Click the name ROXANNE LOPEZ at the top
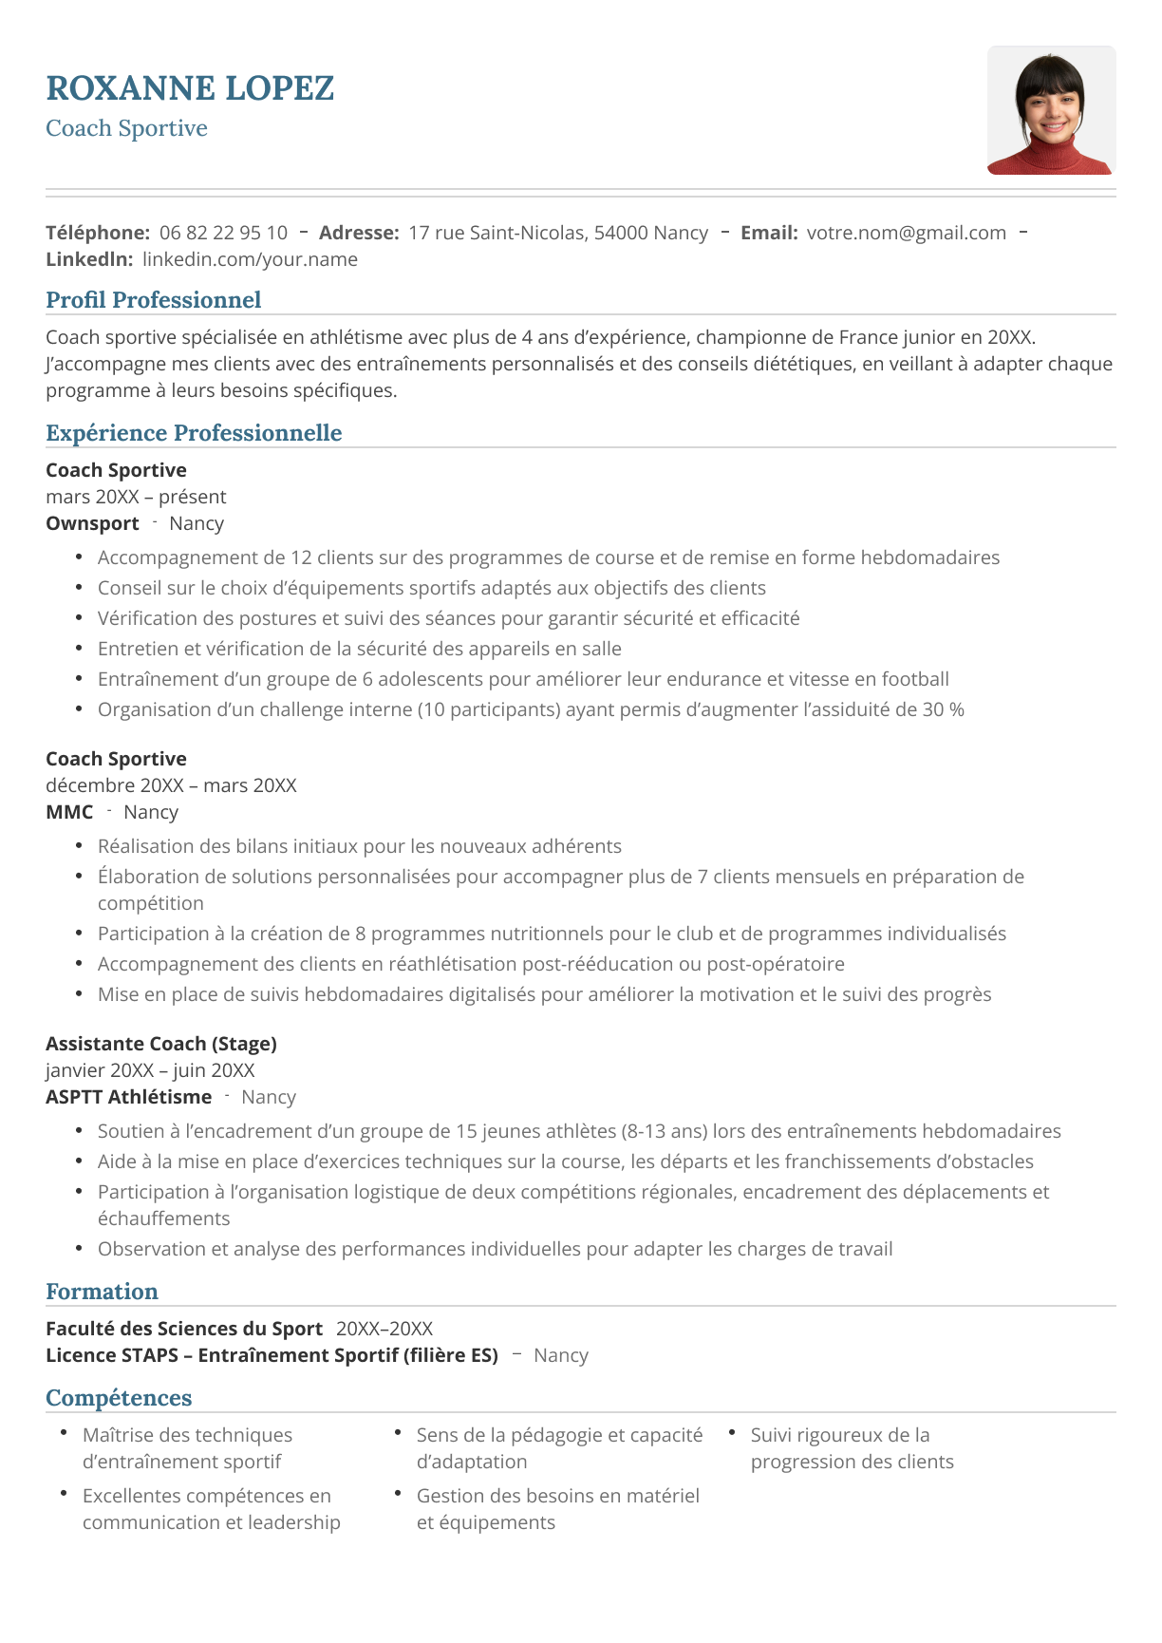click(190, 88)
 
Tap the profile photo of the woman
click(1051, 110)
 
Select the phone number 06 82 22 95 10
click(223, 233)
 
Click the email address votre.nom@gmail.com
click(906, 233)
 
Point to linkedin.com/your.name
click(250, 259)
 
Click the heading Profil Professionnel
click(153, 300)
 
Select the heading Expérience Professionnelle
click(194, 433)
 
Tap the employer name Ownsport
click(92, 523)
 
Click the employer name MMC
click(69, 812)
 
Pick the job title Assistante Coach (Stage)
click(161, 1044)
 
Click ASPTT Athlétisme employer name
click(128, 1097)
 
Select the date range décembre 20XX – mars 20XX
click(171, 785)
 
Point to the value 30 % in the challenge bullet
click(943, 709)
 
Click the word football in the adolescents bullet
click(915, 679)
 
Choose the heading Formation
click(102, 1292)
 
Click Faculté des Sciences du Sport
click(184, 1329)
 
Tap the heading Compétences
click(119, 1398)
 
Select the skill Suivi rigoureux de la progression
click(852, 1448)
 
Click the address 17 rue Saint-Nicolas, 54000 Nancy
click(558, 233)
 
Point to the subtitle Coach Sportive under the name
click(126, 128)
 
